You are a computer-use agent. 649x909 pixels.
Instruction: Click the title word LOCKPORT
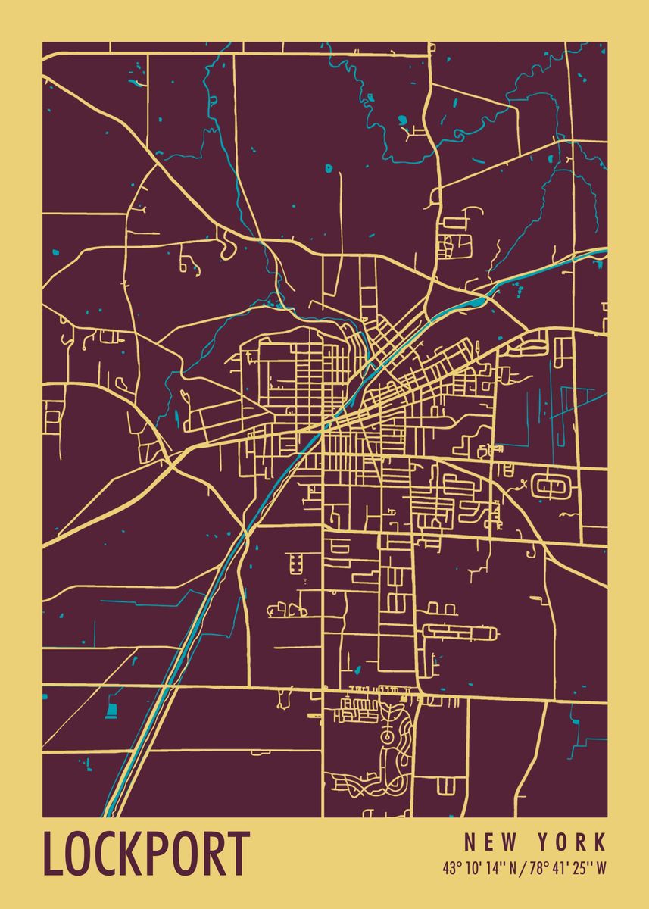[146, 854]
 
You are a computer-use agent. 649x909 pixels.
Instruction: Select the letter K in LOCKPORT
[133, 854]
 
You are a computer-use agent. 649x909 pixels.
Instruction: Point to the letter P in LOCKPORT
[160, 854]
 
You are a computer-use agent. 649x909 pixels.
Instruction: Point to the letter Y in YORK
[544, 842]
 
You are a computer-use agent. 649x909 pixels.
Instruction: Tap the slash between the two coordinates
[523, 868]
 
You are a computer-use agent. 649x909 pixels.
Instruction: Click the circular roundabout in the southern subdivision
[387, 736]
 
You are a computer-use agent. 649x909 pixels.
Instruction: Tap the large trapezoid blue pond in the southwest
[112, 711]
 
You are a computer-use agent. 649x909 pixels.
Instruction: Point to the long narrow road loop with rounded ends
[459, 631]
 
